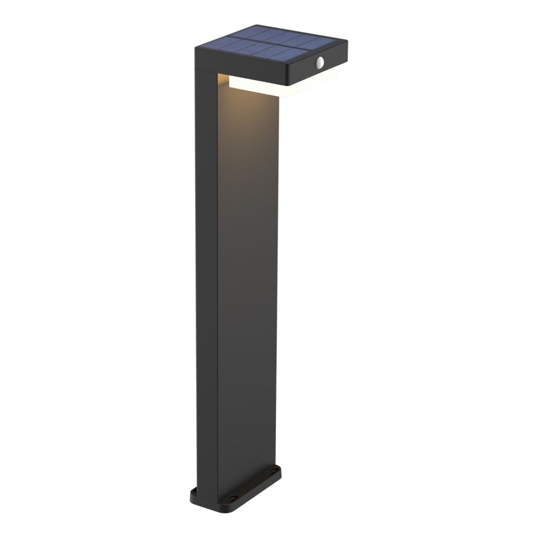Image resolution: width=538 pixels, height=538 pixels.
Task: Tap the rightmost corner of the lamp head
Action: [x=348, y=46]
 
